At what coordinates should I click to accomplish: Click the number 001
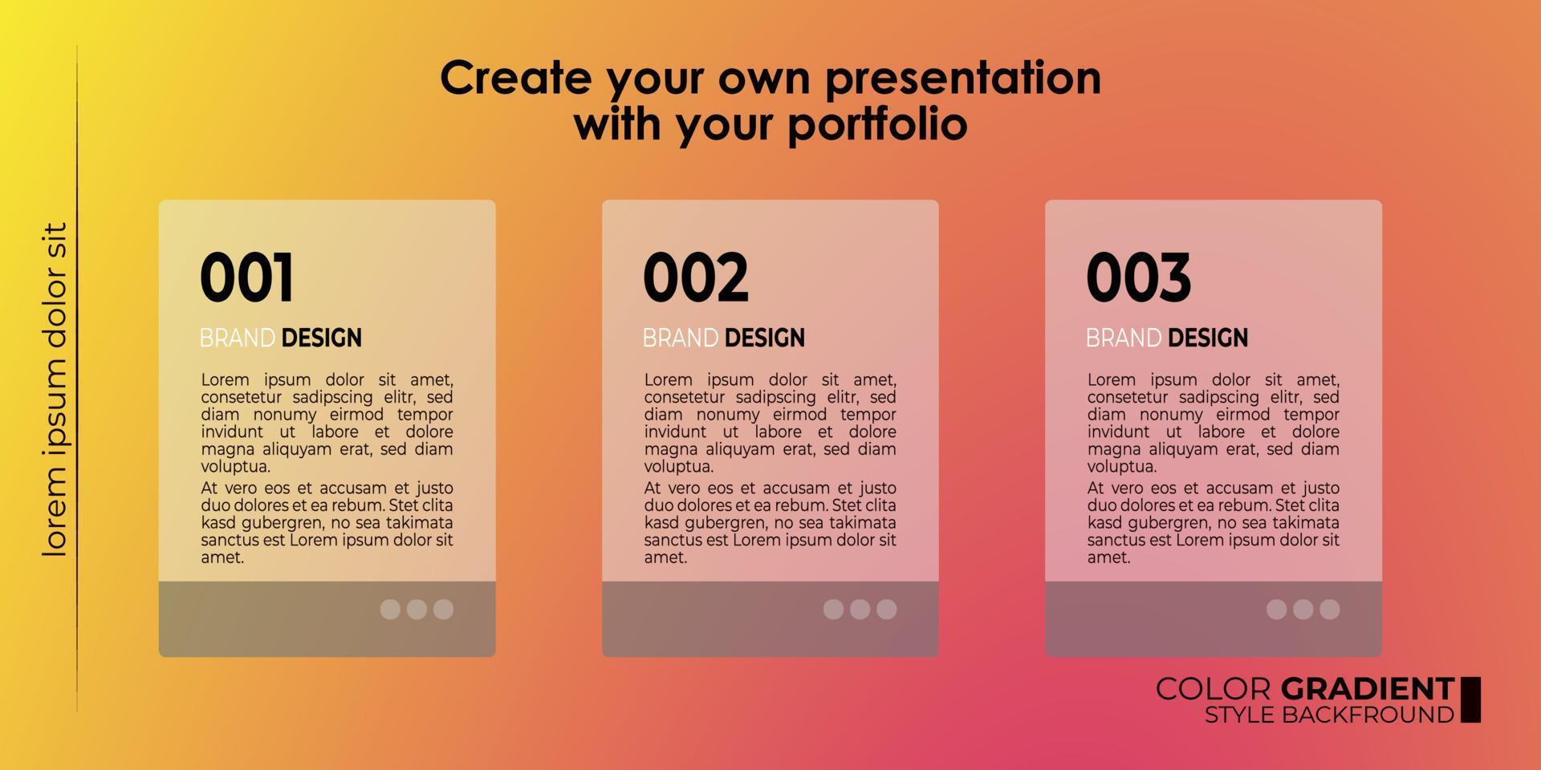pyautogui.click(x=246, y=278)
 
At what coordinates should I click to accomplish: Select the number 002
pyautogui.click(x=696, y=278)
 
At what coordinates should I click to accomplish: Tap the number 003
pyautogui.click(x=1139, y=278)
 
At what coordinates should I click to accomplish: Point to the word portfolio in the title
pyautogui.click(x=877, y=125)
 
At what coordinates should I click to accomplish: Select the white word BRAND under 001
pyautogui.click(x=238, y=338)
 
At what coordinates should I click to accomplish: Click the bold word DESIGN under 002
pyautogui.click(x=764, y=338)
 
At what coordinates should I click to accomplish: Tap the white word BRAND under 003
pyautogui.click(x=1124, y=338)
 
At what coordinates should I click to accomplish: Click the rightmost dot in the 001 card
pyautogui.click(x=443, y=609)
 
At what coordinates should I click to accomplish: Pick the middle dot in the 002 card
pyautogui.click(x=860, y=609)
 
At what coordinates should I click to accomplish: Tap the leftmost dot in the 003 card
pyautogui.click(x=1276, y=609)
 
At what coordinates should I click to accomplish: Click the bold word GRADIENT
pyautogui.click(x=1368, y=689)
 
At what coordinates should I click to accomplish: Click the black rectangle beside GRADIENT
pyautogui.click(x=1470, y=699)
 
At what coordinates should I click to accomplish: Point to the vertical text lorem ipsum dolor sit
pyautogui.click(x=55, y=390)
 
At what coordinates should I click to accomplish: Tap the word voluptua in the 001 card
pyautogui.click(x=234, y=467)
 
